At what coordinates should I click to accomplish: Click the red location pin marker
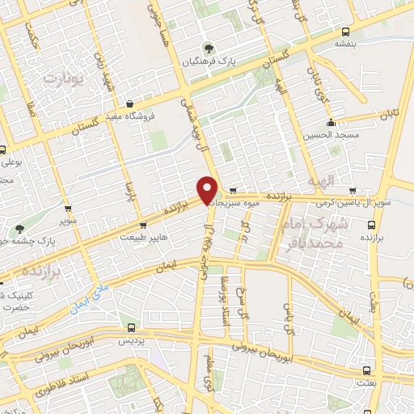208,189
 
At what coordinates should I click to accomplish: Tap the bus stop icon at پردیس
133,327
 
